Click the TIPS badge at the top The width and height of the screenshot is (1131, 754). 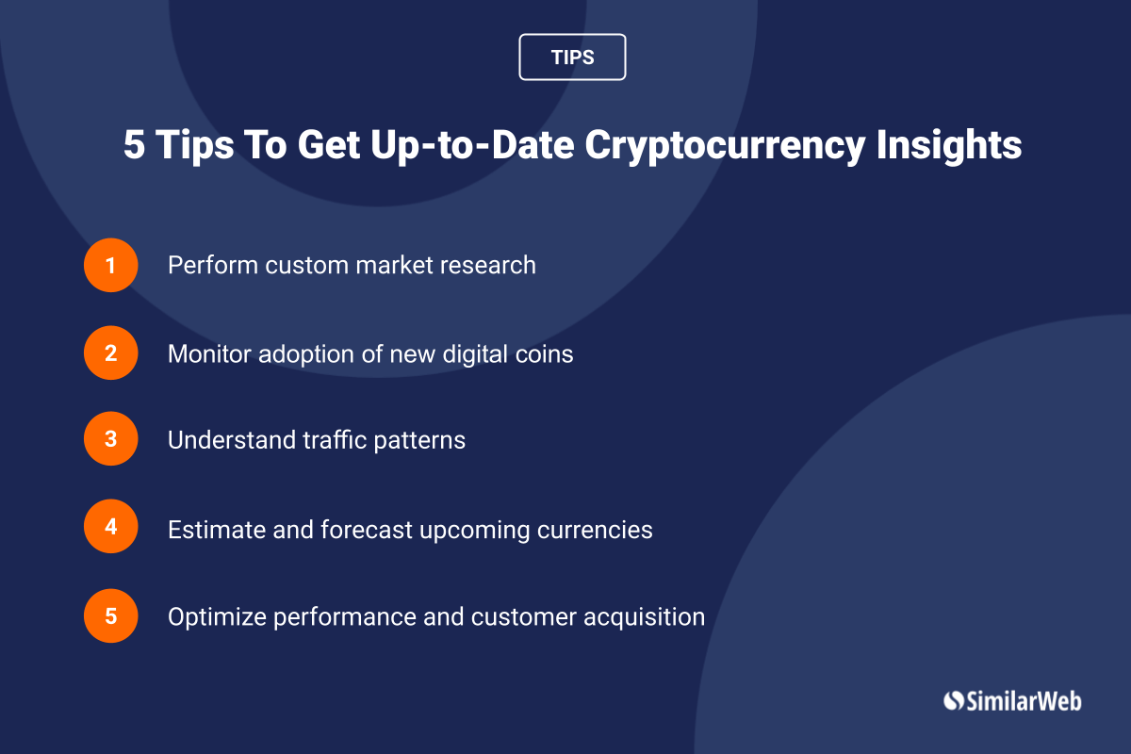(572, 57)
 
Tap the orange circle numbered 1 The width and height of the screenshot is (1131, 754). (110, 265)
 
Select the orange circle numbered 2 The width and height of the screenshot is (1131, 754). (110, 352)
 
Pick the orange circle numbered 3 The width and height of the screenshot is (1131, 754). (110, 438)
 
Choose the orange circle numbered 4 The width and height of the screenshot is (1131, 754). (110, 526)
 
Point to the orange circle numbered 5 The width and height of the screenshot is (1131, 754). (110, 615)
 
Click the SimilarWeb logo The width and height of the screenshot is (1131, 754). (1012, 701)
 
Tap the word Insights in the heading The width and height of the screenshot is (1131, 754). (949, 145)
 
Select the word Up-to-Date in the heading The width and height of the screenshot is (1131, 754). (472, 145)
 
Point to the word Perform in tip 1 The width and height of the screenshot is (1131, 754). (213, 265)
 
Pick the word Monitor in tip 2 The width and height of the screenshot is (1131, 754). (209, 353)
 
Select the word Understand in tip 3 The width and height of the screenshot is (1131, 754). (232, 440)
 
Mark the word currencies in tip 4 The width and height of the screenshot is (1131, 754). (595, 530)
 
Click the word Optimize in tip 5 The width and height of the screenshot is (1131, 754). (217, 617)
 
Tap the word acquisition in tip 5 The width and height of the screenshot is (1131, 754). (645, 617)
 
